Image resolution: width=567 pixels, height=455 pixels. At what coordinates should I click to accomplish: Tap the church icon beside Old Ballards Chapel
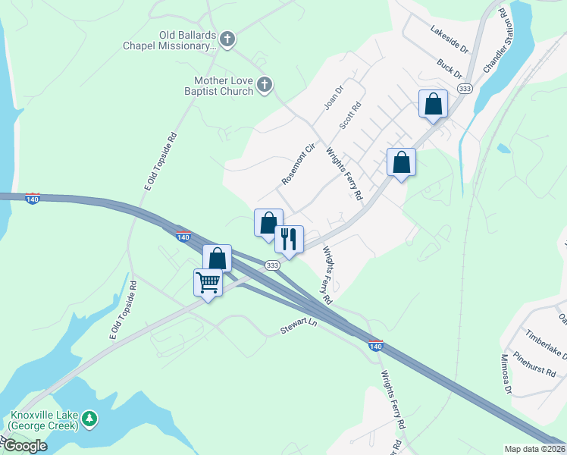click(x=226, y=37)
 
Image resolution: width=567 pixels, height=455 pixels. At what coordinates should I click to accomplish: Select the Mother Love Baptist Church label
click(x=223, y=86)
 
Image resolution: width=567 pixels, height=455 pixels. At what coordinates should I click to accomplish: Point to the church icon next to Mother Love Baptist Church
click(x=264, y=84)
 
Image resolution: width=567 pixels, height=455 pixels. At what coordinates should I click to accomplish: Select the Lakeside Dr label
click(x=450, y=40)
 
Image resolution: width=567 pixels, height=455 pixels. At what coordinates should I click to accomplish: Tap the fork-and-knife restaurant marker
click(x=289, y=240)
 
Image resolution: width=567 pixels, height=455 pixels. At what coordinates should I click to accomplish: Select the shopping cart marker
click(x=208, y=282)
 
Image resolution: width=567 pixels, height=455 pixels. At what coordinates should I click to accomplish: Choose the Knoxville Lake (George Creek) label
click(x=44, y=421)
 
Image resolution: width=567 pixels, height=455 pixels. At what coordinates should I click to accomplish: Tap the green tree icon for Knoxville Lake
click(x=89, y=418)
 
